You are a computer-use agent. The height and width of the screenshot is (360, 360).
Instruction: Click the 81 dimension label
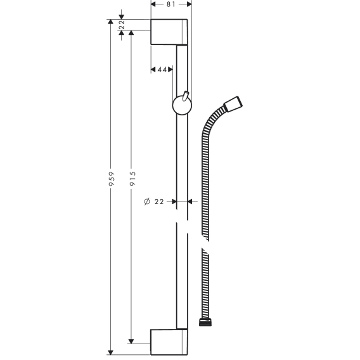point(171,4)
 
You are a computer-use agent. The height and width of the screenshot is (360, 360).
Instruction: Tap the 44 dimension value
point(162,69)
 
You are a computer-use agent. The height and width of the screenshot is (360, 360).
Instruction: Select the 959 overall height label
point(112,179)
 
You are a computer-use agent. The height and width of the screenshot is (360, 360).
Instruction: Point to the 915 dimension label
point(132,179)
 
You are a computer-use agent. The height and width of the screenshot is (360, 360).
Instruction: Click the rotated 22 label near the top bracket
point(122,25)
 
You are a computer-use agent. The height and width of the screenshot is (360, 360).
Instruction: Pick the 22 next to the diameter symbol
point(159,202)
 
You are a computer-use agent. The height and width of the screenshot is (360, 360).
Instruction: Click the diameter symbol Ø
point(147,202)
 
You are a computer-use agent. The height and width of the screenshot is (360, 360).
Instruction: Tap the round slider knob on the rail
point(182,105)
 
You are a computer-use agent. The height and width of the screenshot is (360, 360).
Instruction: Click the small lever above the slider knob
point(186,96)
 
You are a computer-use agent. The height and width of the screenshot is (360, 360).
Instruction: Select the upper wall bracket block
point(169,32)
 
